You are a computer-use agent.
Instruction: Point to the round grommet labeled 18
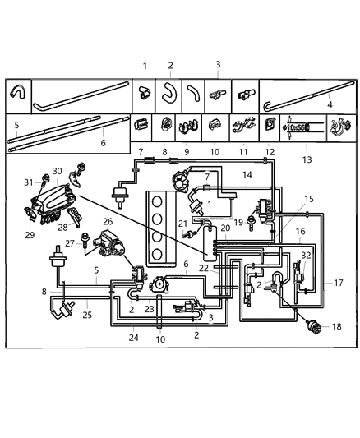pos(313,326)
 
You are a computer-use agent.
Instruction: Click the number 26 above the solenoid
pos(108,222)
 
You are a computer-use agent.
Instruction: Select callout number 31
pos(28,182)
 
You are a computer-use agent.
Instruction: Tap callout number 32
pos(306,256)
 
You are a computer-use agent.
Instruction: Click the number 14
pos(247,175)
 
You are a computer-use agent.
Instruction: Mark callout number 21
pos(183,224)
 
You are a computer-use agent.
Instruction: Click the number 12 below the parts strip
pos(267,153)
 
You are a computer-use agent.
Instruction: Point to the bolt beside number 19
pos(250,223)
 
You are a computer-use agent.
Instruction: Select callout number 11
pos(243,153)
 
